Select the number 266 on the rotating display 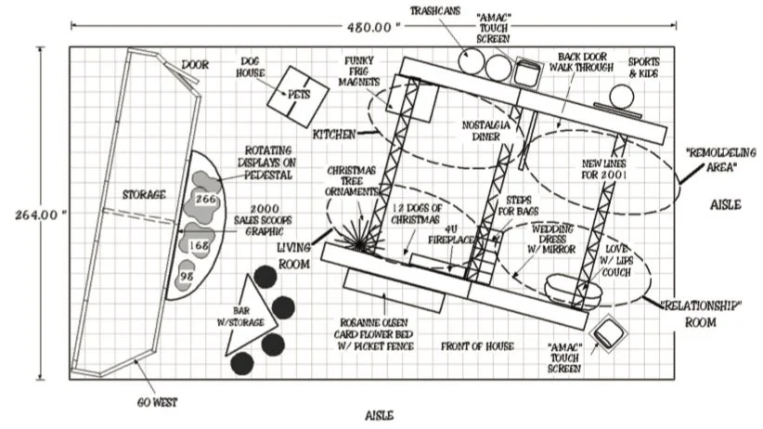[x=206, y=198]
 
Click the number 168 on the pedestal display [x=198, y=244]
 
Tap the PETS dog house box [x=298, y=95]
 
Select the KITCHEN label [x=333, y=135]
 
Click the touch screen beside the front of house [x=609, y=332]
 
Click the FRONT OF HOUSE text [x=477, y=346]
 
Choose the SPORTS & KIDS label [x=646, y=66]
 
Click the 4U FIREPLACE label [x=451, y=232]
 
